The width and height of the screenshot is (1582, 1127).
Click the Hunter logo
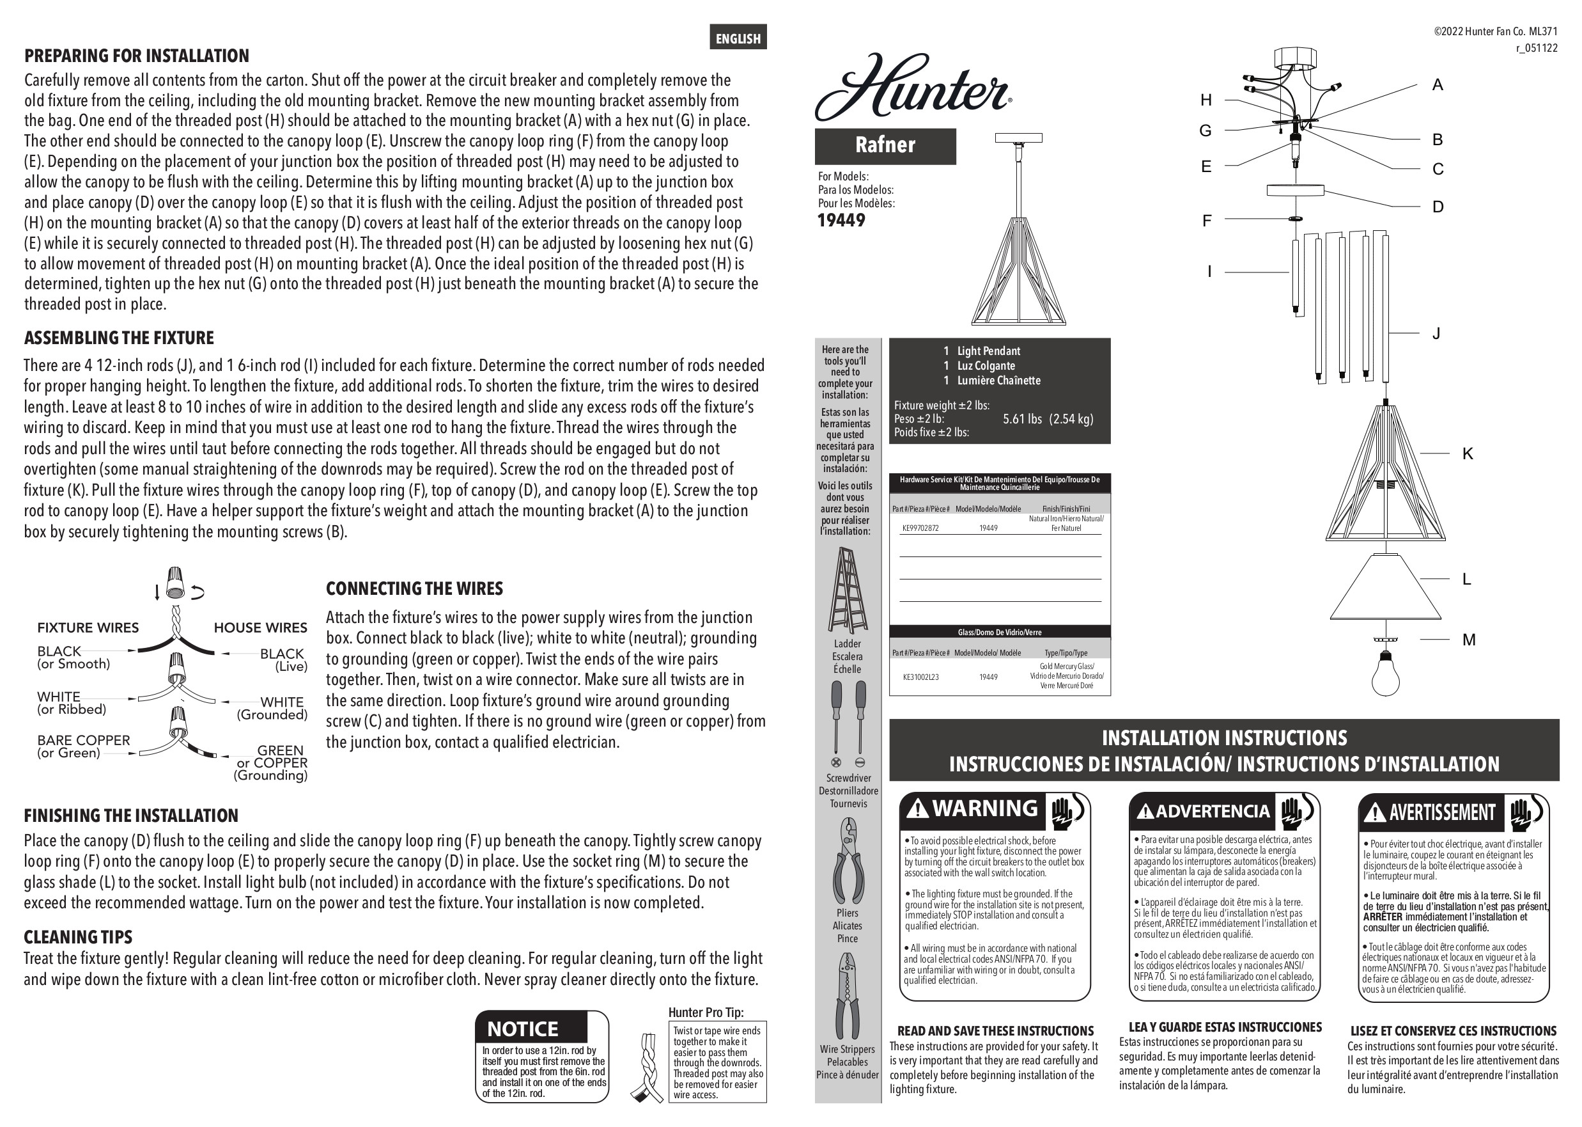912,87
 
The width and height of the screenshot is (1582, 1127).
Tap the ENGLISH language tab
738,38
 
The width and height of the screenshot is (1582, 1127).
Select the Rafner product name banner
885,145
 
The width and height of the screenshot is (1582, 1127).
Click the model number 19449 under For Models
841,221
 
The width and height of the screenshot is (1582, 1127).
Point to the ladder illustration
848,589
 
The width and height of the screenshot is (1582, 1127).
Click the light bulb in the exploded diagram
1385,672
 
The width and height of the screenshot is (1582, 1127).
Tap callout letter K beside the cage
1468,454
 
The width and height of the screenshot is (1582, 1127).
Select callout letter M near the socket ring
1469,640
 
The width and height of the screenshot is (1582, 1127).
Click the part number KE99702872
920,528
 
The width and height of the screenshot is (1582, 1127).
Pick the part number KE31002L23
920,677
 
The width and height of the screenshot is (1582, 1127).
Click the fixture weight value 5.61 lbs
1022,419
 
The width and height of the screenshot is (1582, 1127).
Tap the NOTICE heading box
531,1028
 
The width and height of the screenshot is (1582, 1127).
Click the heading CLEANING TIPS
78,937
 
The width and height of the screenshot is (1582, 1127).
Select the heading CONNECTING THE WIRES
414,588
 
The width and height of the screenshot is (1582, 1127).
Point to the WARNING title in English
985,808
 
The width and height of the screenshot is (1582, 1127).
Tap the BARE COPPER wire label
83,741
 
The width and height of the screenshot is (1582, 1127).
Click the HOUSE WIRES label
260,627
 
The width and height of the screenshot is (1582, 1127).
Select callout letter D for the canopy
1438,207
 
